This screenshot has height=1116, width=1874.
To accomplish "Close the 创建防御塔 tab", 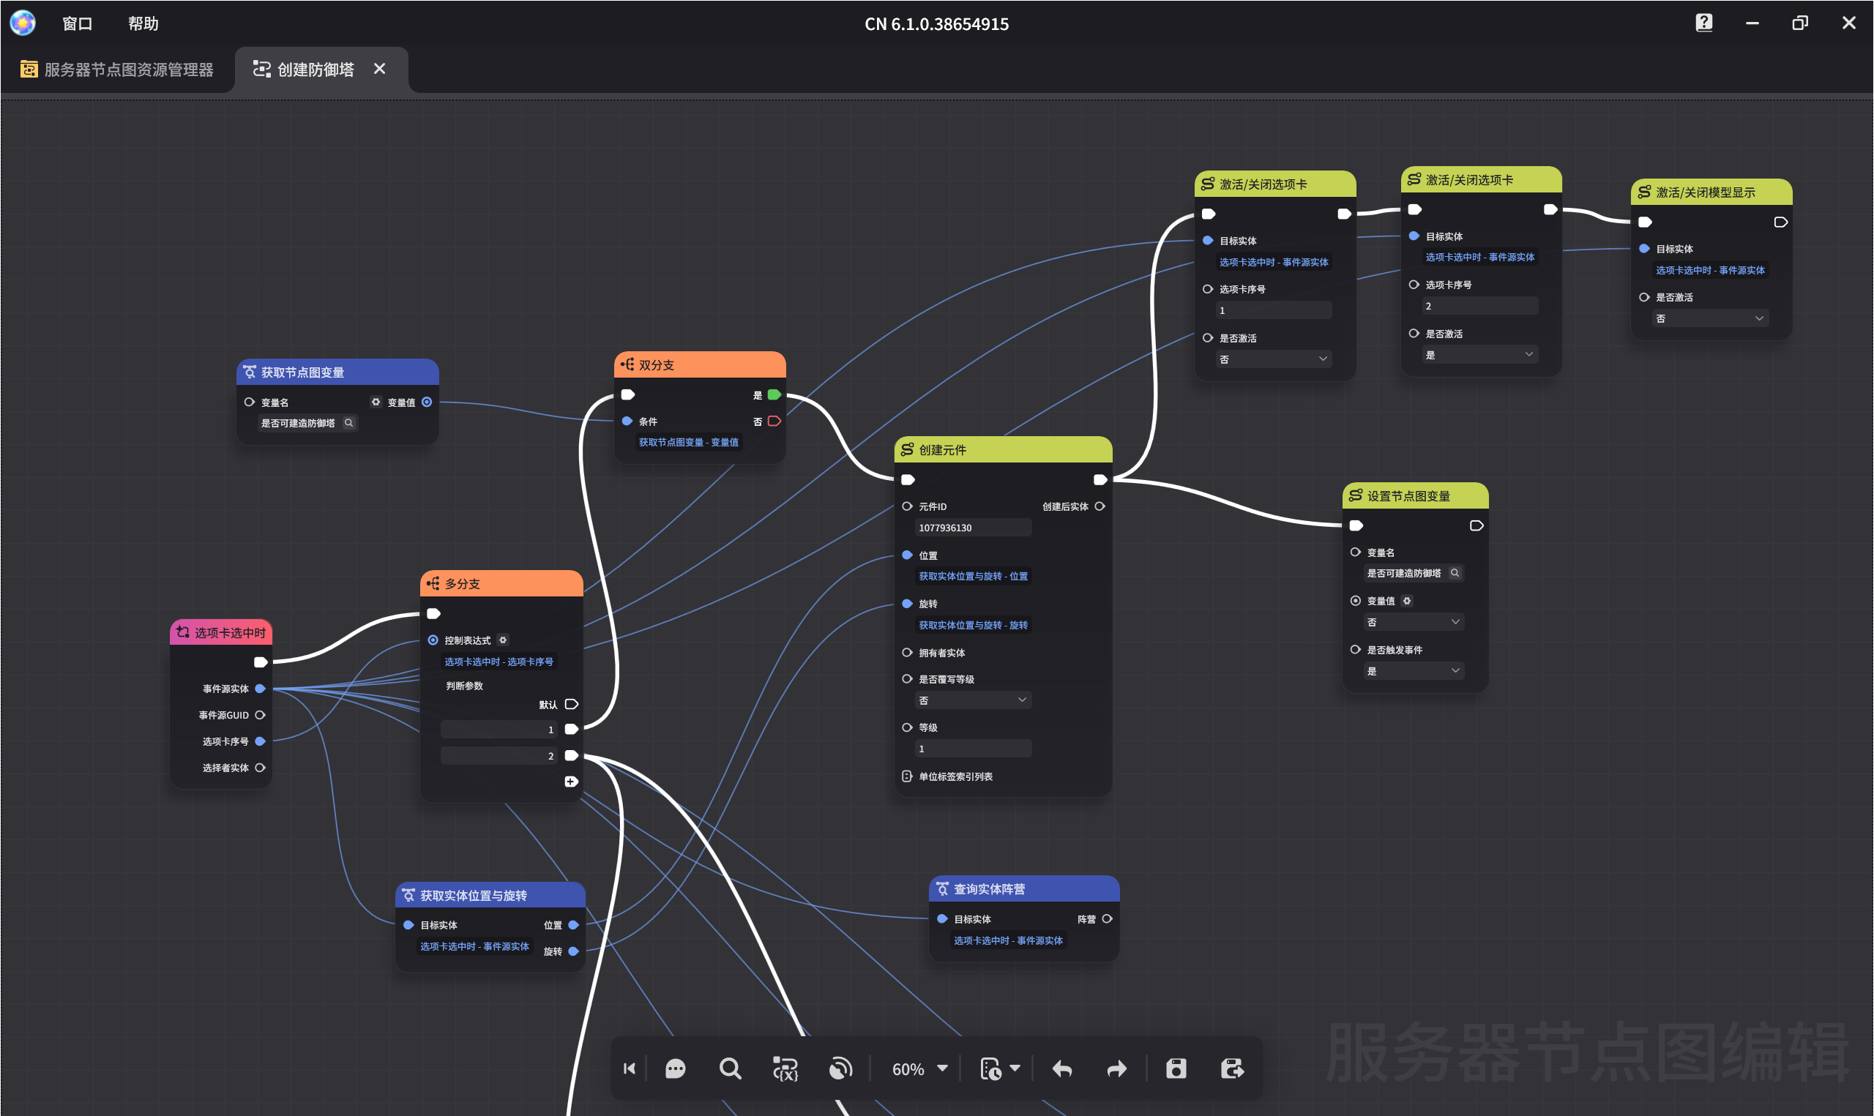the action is pos(380,70).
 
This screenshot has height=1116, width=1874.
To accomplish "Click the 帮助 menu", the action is pos(143,23).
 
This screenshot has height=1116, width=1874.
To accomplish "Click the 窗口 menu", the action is pos(77,23).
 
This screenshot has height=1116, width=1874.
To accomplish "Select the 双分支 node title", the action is pos(656,364).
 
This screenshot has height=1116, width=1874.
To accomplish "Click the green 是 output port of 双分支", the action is pos(774,395).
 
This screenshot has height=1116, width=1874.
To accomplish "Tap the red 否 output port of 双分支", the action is pos(774,421).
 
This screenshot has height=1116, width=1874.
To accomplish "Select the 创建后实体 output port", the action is pos(1100,506).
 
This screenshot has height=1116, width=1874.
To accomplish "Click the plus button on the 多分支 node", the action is pos(571,782).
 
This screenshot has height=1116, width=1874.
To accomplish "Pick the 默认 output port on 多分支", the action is pos(572,705).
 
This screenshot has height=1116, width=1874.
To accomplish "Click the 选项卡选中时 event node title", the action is pos(230,633).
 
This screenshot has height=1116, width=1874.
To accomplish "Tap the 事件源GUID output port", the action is pos(260,715).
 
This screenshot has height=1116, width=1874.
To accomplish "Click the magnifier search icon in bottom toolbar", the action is pos(729,1068).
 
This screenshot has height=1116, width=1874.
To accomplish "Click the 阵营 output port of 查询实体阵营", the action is pos(1107,919).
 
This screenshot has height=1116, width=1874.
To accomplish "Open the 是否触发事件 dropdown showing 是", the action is pos(1414,671).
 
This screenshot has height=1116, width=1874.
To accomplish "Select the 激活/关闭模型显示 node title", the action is pos(1705,192).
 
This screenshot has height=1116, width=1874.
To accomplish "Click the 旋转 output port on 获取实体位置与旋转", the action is pos(573,951).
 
